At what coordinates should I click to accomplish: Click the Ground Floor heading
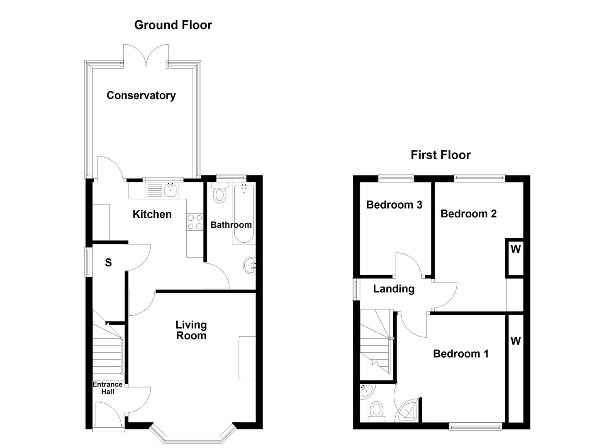pos(173,25)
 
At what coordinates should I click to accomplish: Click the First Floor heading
pos(441,155)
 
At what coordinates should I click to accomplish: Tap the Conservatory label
pos(141,95)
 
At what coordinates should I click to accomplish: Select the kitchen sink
pos(170,191)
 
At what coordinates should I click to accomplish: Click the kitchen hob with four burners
pos(195,222)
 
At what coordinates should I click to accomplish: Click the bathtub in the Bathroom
pos(243,214)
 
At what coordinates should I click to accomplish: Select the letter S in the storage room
pos(108,263)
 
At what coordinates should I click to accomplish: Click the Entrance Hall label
pos(107,388)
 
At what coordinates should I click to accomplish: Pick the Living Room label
pos(191,330)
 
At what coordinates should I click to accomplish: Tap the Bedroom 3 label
pos(394,205)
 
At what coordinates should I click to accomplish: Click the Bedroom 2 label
pos(468,214)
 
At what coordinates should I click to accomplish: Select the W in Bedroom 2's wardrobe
pos(515,249)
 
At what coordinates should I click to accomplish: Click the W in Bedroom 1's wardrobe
pos(515,341)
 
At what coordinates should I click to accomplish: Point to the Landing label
pos(394,289)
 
